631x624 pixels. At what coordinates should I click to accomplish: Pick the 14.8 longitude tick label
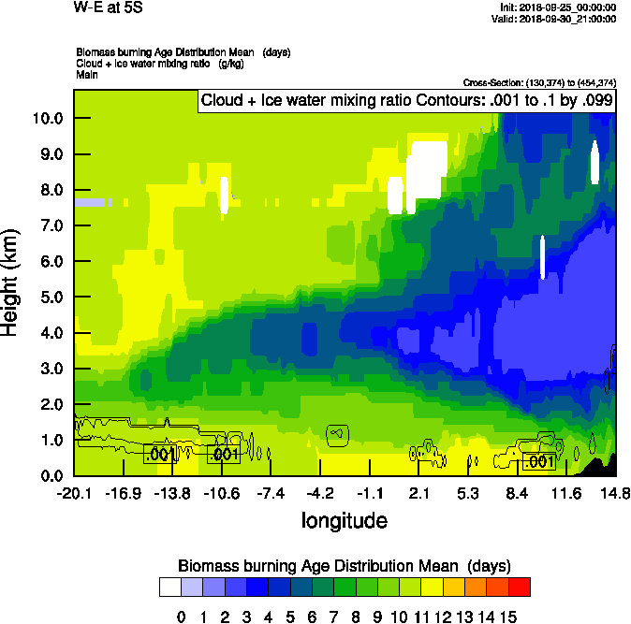(615, 493)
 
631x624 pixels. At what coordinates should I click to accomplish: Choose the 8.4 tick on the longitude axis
(518, 493)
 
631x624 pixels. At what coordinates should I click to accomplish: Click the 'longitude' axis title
(344, 519)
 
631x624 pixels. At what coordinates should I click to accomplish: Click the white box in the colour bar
(169, 588)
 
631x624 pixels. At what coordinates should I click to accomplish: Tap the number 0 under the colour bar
(182, 617)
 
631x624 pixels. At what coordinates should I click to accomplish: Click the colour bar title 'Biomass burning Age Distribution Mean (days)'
(344, 566)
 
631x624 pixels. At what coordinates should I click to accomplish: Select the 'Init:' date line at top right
(558, 7)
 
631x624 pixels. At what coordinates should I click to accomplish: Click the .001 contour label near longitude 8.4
(539, 462)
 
